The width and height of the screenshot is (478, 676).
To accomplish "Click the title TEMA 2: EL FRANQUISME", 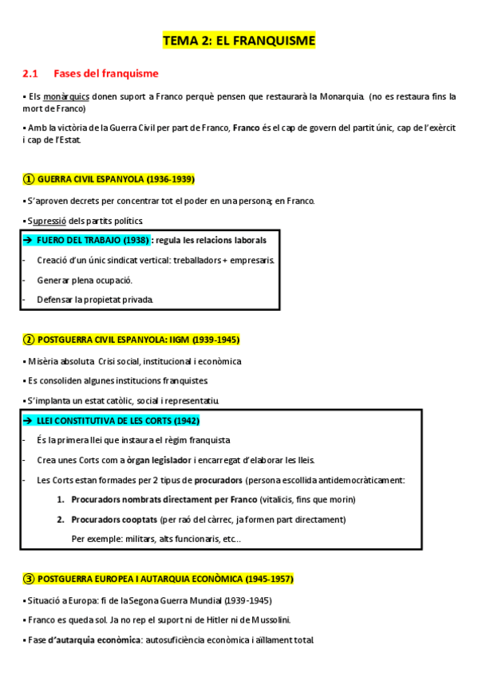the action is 239,40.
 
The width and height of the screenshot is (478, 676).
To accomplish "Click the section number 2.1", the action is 30,73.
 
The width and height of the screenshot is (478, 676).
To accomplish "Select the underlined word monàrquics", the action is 67,96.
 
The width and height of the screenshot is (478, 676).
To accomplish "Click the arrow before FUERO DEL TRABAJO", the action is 28,239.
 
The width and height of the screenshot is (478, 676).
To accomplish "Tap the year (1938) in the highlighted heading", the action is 136,239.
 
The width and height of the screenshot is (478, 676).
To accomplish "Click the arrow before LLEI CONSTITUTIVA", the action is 28,420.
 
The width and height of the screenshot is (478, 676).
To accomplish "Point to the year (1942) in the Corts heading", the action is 185,420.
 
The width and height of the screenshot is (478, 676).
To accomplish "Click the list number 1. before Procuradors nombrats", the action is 61,499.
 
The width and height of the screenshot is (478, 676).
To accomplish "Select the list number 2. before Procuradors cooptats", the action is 61,519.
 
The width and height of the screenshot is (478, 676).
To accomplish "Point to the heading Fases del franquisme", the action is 106,73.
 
